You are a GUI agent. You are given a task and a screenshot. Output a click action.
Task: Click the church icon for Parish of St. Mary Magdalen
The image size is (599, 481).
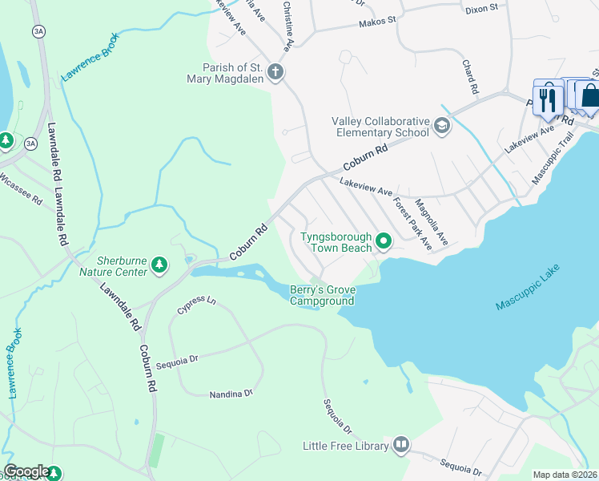(275, 72)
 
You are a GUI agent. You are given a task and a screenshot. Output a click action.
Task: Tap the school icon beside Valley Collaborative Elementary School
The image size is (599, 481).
(441, 127)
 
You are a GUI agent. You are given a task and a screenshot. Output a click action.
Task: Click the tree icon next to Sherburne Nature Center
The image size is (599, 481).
(159, 265)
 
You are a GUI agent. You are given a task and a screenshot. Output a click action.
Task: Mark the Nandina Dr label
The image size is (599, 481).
(231, 394)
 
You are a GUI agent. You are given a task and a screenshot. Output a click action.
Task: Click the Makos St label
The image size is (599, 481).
(382, 20)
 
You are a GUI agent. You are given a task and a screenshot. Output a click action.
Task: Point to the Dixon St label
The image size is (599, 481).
(481, 8)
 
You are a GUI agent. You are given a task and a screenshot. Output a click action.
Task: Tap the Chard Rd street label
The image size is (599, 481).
(469, 77)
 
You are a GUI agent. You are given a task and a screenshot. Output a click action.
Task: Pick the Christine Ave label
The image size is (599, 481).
(287, 22)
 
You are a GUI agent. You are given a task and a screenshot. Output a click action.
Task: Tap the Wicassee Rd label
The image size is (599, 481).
(21, 188)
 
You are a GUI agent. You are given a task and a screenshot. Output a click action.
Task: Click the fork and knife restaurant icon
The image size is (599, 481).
(548, 99)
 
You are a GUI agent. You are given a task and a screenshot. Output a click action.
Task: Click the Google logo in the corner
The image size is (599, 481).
(26, 471)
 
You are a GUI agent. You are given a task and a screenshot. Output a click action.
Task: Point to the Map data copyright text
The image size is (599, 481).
(565, 475)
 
